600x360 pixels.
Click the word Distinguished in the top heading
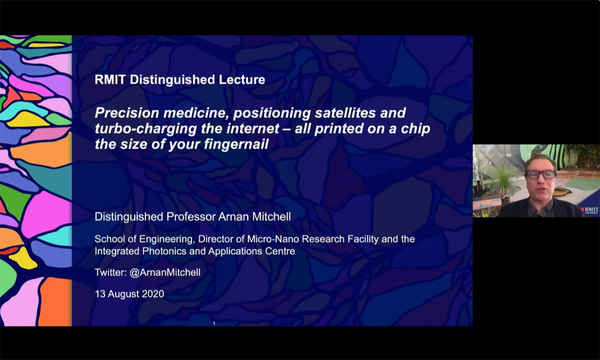point(166,80)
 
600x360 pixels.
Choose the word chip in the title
point(416,129)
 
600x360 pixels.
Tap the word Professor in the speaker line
point(181,216)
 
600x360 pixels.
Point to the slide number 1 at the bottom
point(214,324)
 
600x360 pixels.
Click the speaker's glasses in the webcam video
point(540,174)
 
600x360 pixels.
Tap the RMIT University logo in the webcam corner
point(590,210)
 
